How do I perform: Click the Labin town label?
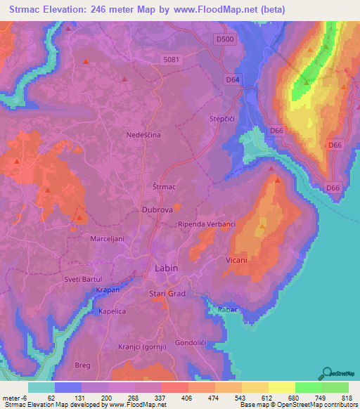[167, 268]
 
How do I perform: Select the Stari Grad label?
[167, 293]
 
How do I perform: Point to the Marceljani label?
[107, 239]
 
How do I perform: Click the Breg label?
[82, 365]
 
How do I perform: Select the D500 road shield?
[225, 39]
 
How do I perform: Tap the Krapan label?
[108, 290]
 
